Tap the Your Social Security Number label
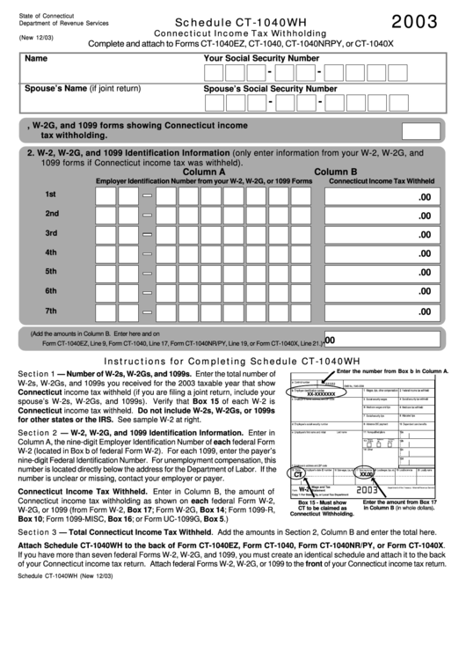(261, 58)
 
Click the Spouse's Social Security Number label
(270, 89)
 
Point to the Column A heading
(204, 172)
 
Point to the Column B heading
(336, 172)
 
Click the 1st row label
(51, 194)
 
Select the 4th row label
(51, 253)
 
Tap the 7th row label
(51, 311)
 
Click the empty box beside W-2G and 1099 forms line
(420, 131)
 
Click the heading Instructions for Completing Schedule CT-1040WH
(232, 362)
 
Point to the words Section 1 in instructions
(36, 374)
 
